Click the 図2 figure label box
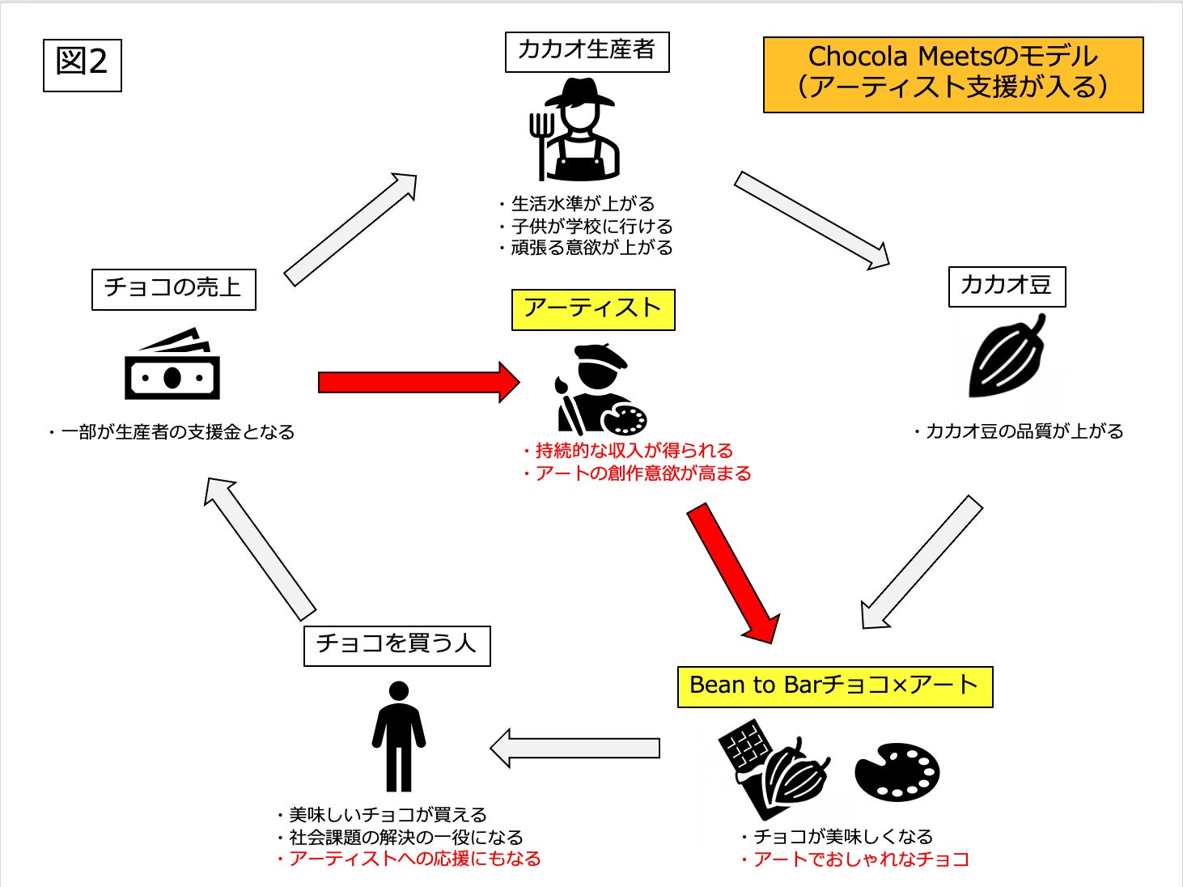point(82,65)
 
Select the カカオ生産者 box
point(587,52)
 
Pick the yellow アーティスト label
point(592,309)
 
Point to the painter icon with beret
point(599,389)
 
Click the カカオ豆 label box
point(1006,286)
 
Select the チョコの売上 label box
point(173,289)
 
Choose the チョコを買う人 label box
point(396,645)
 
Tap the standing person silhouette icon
point(398,736)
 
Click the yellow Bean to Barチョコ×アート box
point(834,686)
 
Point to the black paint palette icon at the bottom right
point(897,771)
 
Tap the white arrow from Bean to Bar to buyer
point(575,748)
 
